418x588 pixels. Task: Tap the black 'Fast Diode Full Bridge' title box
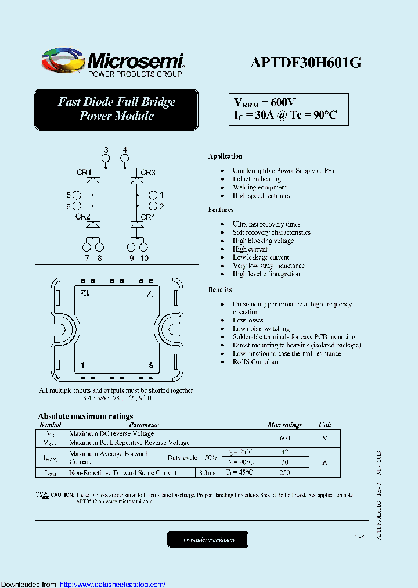click(116, 109)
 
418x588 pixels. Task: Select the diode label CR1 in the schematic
click(83, 172)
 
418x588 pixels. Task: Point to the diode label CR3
click(148, 172)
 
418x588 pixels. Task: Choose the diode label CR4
click(148, 217)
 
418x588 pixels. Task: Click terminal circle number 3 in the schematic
click(106, 158)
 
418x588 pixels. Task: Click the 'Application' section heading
click(225, 156)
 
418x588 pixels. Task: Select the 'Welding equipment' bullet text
click(260, 187)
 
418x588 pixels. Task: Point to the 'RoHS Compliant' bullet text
click(256, 361)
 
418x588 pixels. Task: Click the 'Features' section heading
click(221, 210)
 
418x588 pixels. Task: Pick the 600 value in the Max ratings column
click(284, 438)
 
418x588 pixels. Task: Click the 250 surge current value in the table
click(284, 472)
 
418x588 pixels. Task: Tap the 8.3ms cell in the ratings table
click(207, 472)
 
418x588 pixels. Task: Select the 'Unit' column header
click(325, 425)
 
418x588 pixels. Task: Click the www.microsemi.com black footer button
click(208, 539)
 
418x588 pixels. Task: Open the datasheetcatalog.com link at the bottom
click(113, 584)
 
